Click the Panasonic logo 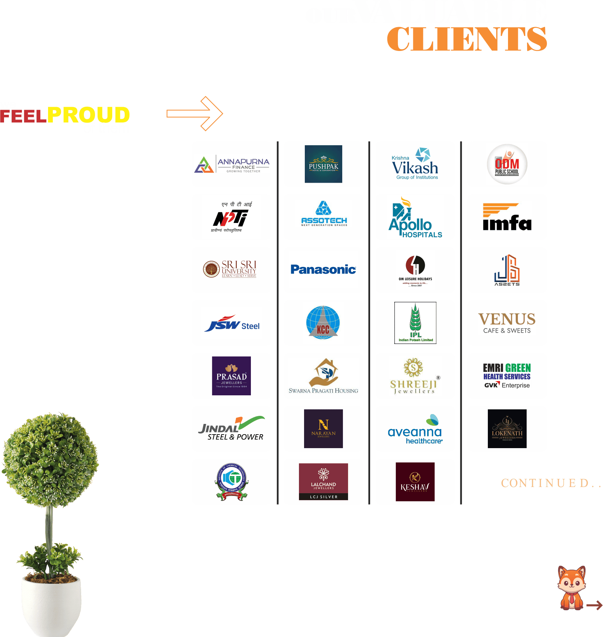[323, 270]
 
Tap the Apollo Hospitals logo [415, 217]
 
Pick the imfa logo [507, 217]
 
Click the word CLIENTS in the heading [467, 39]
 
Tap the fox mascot [571, 587]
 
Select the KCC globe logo [323, 323]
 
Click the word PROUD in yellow [88, 115]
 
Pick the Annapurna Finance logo [231, 164]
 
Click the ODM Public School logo [507, 164]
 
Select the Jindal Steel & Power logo [231, 429]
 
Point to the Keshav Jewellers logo [415, 482]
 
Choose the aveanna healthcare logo [415, 429]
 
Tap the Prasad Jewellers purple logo [231, 376]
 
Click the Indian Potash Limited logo [415, 323]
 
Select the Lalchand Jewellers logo [323, 482]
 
